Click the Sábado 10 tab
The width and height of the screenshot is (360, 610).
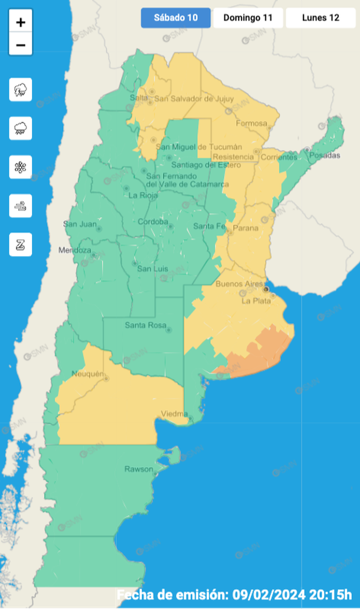click(x=175, y=18)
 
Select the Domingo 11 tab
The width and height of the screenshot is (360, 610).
click(x=248, y=18)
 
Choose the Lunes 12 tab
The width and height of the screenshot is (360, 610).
click(x=320, y=18)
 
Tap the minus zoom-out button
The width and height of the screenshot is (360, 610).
click(x=21, y=45)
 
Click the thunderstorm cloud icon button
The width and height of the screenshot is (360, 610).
click(x=21, y=90)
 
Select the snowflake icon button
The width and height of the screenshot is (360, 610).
click(x=21, y=167)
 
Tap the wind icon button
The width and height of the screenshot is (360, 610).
click(x=21, y=206)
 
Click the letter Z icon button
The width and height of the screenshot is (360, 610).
click(x=21, y=244)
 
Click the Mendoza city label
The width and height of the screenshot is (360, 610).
click(x=74, y=250)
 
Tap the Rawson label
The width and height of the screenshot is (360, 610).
click(x=138, y=470)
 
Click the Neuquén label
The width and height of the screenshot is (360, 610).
click(x=87, y=374)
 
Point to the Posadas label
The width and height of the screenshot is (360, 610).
click(x=325, y=155)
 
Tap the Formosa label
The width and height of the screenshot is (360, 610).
click(x=251, y=123)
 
